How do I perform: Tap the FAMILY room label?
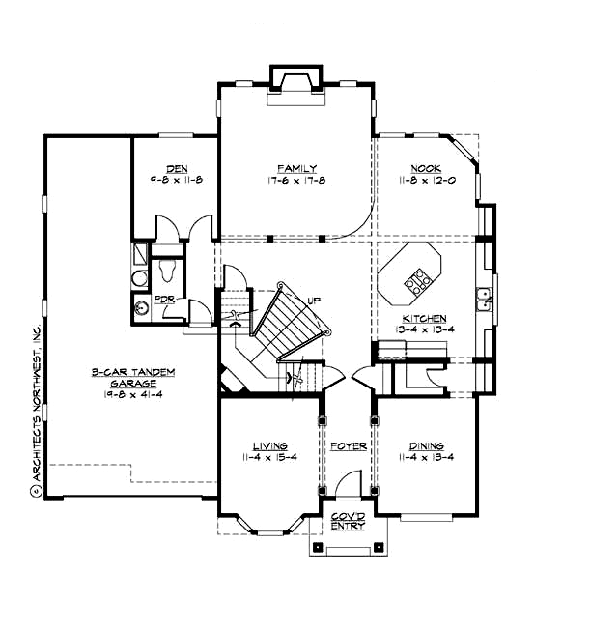(x=296, y=169)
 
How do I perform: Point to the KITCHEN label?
(x=425, y=318)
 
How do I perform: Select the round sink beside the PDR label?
(x=142, y=308)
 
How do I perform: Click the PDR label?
(x=163, y=301)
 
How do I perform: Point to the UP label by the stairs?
(x=313, y=301)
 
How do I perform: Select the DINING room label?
(x=426, y=445)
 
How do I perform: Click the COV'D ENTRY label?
(x=347, y=521)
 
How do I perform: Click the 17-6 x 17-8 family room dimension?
(x=296, y=181)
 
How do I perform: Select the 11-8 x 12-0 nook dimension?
(x=425, y=181)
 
